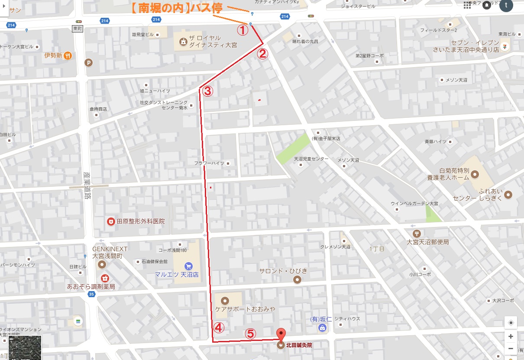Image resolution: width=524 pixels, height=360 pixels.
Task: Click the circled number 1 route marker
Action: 242,30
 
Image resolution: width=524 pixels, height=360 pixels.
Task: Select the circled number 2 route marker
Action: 263,54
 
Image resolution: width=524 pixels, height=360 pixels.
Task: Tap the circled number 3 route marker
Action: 207,91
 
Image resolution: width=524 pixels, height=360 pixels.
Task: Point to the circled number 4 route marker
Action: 219,328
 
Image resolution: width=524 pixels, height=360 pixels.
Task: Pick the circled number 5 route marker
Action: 251,333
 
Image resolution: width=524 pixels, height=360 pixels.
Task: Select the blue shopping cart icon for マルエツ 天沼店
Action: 188,266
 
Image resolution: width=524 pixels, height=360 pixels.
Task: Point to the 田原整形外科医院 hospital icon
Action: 111,221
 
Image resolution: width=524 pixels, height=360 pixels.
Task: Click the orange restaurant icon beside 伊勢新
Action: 69,55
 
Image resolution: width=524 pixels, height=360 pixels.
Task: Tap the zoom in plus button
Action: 511,337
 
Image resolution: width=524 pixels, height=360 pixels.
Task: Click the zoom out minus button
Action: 511,348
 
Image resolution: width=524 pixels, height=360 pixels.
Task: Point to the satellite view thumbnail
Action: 25,347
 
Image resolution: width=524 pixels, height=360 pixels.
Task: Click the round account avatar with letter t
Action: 506,5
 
